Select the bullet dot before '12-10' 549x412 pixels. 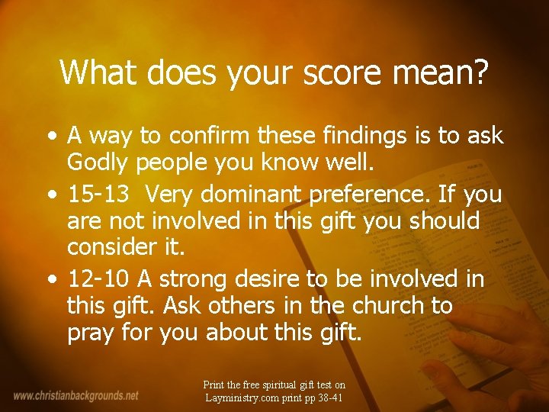50,280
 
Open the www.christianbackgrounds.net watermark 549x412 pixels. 76,395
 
